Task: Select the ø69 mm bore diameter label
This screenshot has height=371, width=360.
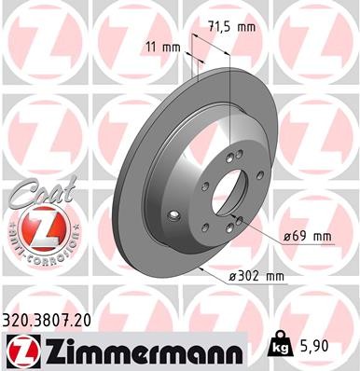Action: (x=308, y=237)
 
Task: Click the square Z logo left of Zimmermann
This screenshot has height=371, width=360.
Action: (x=19, y=350)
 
